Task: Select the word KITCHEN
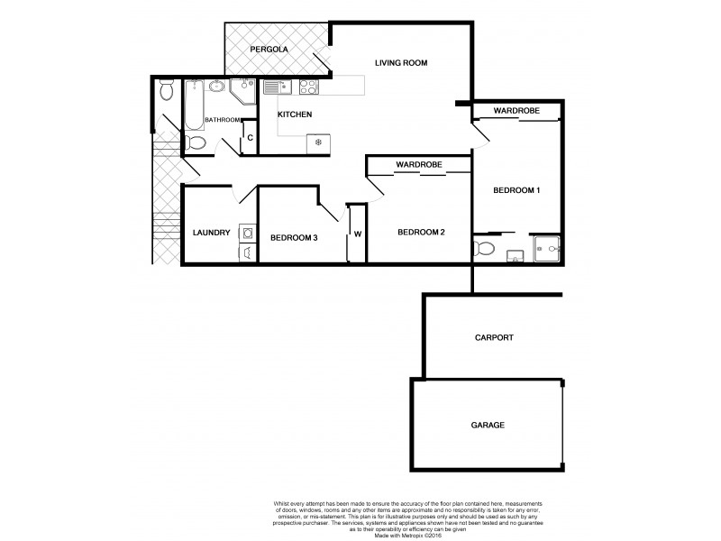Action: [x=294, y=115]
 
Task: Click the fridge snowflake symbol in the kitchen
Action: [x=317, y=142]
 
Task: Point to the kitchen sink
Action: [x=274, y=87]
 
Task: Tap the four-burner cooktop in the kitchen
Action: [x=308, y=87]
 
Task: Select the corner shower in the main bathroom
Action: [x=242, y=90]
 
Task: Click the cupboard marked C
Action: [x=250, y=137]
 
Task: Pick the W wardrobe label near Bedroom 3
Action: [x=357, y=234]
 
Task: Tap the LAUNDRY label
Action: [x=211, y=233]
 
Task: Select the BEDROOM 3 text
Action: [x=294, y=237]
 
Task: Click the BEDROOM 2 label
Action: [x=422, y=232]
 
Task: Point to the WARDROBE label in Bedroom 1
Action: [x=516, y=110]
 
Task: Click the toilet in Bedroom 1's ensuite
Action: [x=484, y=248]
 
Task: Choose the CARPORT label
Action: [x=493, y=338]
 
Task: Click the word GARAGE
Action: [x=487, y=425]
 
